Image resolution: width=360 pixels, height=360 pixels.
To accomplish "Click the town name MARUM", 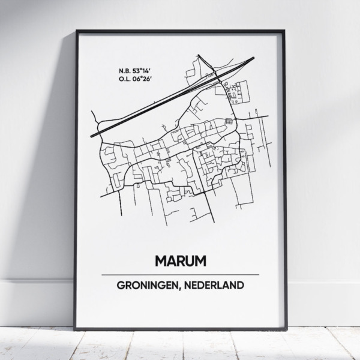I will [180, 261].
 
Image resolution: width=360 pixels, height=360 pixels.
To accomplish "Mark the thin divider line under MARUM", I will [180, 274].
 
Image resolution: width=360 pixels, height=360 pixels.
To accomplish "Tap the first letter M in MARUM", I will [161, 261].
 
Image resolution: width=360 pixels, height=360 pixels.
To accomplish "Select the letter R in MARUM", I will [179, 261].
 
